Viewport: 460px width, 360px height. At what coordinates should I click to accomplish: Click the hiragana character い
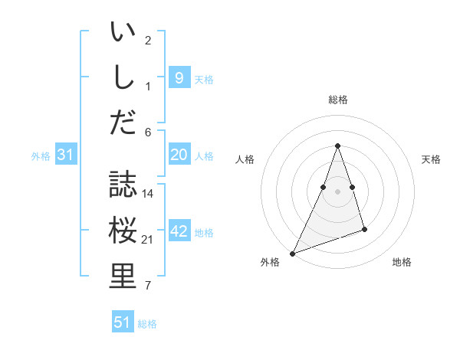tap(123, 33)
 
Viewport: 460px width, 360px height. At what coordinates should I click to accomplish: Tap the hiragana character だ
tap(123, 121)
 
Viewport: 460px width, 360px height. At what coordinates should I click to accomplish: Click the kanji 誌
tap(123, 184)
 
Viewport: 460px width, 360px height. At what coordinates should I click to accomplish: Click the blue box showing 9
tap(179, 77)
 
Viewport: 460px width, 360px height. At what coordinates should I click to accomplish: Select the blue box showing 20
tap(179, 155)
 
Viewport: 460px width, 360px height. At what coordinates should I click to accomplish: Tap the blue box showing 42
tap(179, 231)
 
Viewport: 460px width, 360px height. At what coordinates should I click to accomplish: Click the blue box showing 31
tap(66, 155)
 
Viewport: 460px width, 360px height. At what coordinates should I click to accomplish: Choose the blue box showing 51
tap(123, 322)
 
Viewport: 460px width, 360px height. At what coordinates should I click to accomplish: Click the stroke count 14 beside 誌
tap(148, 194)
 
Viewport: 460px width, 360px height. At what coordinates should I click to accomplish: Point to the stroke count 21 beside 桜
tap(148, 241)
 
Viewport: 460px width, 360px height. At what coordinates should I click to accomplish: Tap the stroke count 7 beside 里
tap(148, 286)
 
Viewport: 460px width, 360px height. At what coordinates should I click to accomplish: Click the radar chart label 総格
tap(337, 100)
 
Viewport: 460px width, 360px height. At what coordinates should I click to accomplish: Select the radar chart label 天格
tap(431, 159)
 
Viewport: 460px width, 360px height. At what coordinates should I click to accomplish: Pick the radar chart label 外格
tap(270, 262)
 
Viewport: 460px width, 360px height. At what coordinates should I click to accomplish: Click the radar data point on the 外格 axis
tap(292, 253)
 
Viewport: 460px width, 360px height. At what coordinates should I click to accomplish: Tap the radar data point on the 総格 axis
tap(337, 146)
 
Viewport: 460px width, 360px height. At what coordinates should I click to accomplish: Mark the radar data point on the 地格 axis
tap(364, 229)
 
